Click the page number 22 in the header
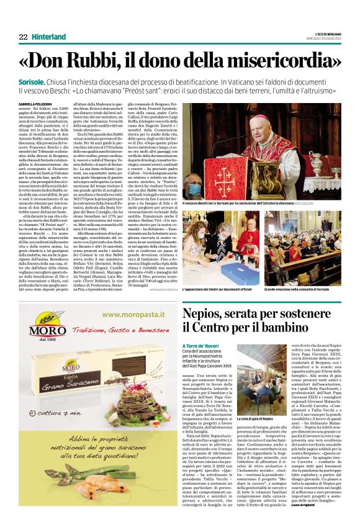pyautogui.click(x=23, y=37)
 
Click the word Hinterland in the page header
pyautogui.click(x=52, y=37)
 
